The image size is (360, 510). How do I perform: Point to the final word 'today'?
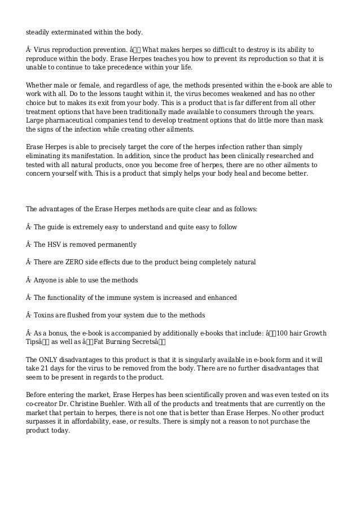[61, 430]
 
